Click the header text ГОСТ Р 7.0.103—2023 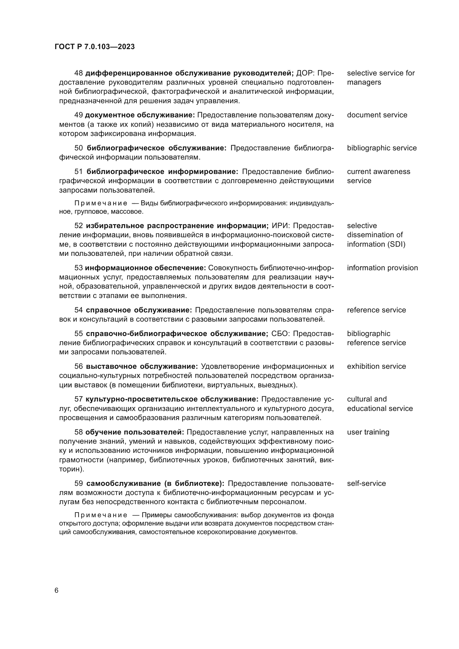pyautogui.click(x=95, y=47)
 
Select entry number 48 pyautogui.click(x=78, y=73)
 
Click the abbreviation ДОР pyautogui.click(x=305, y=73)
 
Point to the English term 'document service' pyautogui.click(x=377, y=115)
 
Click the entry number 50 pyautogui.click(x=78, y=148)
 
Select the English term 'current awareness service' pyautogui.click(x=378, y=176)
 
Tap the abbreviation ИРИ pyautogui.click(x=281, y=226)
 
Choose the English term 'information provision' pyautogui.click(x=382, y=268)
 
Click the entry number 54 pyautogui.click(x=78, y=310)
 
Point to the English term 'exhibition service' pyautogui.click(x=376, y=366)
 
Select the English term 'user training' pyautogui.click(x=368, y=432)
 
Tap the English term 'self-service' pyautogui.click(x=366, y=483)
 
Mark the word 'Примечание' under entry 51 pyautogui.click(x=101, y=203)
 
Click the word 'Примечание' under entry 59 pyautogui.click(x=101, y=515)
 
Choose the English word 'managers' pyautogui.click(x=364, y=82)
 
